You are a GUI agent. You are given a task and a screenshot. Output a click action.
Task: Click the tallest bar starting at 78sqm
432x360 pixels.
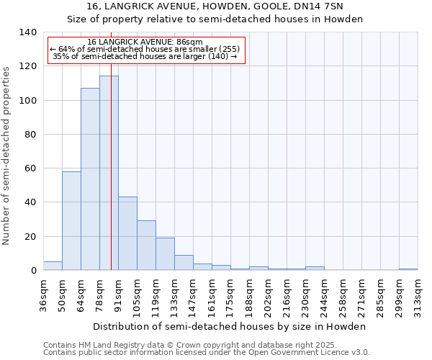109,173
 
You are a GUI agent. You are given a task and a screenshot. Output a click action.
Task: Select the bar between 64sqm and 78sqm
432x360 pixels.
90,179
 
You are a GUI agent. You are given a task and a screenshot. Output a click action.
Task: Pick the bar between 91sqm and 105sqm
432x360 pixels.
127,233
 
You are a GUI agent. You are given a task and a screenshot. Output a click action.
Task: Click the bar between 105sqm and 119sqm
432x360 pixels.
146,246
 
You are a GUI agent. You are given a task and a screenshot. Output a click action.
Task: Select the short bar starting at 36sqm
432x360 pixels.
53,266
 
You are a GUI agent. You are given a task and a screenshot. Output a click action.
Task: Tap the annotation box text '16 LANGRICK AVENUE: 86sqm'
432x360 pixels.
145,42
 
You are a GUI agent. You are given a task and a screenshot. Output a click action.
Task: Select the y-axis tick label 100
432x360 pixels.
27,100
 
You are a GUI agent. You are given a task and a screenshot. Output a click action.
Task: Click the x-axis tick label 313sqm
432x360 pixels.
418,294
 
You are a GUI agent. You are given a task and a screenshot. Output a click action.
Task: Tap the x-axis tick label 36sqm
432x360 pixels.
43,294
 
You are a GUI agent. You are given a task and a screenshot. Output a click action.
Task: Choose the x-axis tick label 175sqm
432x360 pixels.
230,294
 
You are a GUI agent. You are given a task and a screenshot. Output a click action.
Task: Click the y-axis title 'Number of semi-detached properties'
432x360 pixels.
7,155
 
